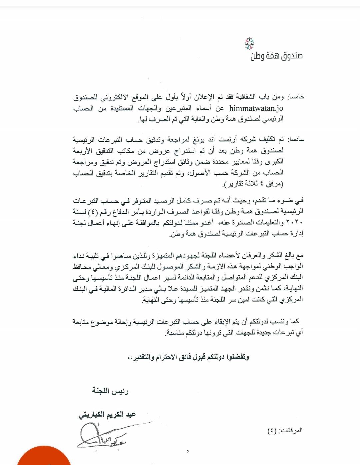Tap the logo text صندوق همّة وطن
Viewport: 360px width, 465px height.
pos(276,56)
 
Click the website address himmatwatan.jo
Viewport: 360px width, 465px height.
pos(256,108)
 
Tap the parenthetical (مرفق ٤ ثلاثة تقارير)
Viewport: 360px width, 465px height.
pos(254,183)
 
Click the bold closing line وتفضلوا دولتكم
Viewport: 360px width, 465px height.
pos(188,357)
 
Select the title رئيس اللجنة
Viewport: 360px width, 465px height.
pos(110,391)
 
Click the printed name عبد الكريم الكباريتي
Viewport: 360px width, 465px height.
pos(107,415)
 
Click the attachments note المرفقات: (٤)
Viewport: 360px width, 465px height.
pos(285,430)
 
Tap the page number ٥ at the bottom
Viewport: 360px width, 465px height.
pos(188,451)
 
